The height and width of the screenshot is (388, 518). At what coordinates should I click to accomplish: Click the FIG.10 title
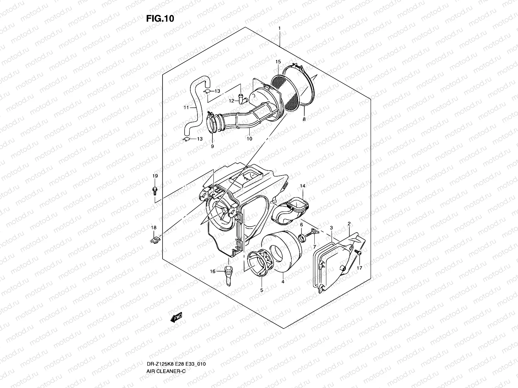[x=160, y=19]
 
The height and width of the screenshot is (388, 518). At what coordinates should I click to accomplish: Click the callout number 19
[x=155, y=176]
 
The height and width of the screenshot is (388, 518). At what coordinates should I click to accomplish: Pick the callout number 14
[x=302, y=186]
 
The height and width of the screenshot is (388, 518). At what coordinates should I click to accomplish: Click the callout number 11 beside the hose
[x=186, y=107]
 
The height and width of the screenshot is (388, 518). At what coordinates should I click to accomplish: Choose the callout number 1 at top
[x=279, y=28]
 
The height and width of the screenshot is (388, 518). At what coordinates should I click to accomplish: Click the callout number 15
[x=278, y=61]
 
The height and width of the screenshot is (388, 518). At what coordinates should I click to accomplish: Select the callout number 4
[x=283, y=282]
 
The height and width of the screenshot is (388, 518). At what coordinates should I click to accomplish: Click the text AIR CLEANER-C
[x=165, y=344]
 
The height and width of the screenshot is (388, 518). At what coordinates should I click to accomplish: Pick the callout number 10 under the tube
[x=249, y=139]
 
